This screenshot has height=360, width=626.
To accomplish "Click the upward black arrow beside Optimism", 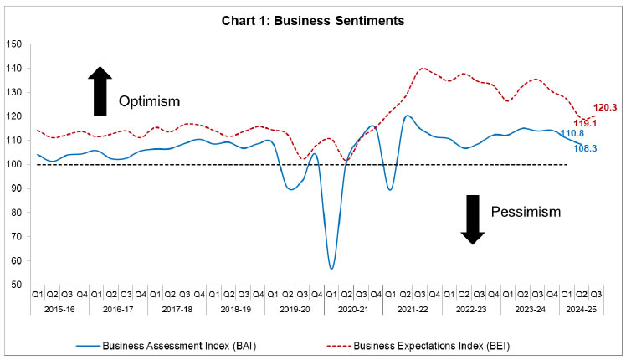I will tap(100, 90).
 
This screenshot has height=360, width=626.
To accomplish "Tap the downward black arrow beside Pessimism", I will tap(473, 219).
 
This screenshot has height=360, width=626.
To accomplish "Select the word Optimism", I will tap(149, 101).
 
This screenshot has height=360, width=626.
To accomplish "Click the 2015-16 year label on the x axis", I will tap(59, 309).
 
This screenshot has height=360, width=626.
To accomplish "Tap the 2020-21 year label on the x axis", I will tap(352, 309).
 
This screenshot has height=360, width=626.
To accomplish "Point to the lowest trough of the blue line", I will tap(331, 268).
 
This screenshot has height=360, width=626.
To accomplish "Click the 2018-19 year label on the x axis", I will tap(235, 309).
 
